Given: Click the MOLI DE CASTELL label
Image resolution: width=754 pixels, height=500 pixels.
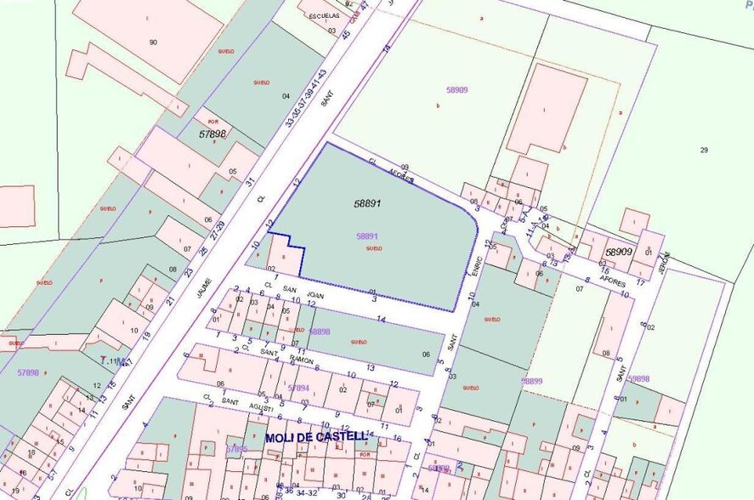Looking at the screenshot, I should [x=316, y=437].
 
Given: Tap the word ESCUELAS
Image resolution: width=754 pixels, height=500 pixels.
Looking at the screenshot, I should [x=324, y=15].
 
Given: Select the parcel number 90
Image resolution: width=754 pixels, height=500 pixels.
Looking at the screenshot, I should [x=153, y=42].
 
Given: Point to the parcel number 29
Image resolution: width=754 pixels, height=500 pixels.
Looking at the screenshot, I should [x=704, y=151].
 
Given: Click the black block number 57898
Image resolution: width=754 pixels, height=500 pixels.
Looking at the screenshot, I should [x=213, y=134].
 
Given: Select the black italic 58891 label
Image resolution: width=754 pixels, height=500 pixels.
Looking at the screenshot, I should [x=366, y=204].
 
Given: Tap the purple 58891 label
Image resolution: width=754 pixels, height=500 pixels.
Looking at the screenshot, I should [x=367, y=236].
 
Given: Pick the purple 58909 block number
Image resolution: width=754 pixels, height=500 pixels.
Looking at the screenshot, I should [x=456, y=89].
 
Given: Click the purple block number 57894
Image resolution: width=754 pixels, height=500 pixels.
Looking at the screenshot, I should [x=298, y=387].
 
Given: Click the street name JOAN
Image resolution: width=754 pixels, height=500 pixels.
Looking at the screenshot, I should [x=315, y=295].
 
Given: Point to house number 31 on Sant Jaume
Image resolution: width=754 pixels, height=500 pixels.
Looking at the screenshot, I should [x=250, y=182].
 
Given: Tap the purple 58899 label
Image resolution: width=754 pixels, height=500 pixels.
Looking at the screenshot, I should [x=532, y=381].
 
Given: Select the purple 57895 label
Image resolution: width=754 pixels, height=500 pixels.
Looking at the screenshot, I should [x=237, y=449].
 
